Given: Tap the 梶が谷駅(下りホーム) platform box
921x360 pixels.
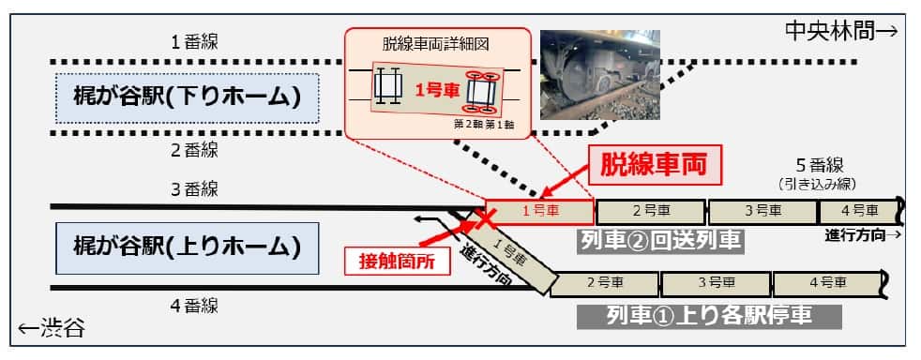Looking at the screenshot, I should (x=188, y=97).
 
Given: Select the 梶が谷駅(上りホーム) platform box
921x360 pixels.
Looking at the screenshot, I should (x=187, y=247).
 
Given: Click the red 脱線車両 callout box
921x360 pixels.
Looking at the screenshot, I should (x=658, y=167).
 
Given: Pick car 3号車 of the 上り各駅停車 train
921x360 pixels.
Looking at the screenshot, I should (x=715, y=280).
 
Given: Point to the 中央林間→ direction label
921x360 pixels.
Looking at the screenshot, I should (x=841, y=31).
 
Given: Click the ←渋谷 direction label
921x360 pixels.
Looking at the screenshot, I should (x=51, y=328).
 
